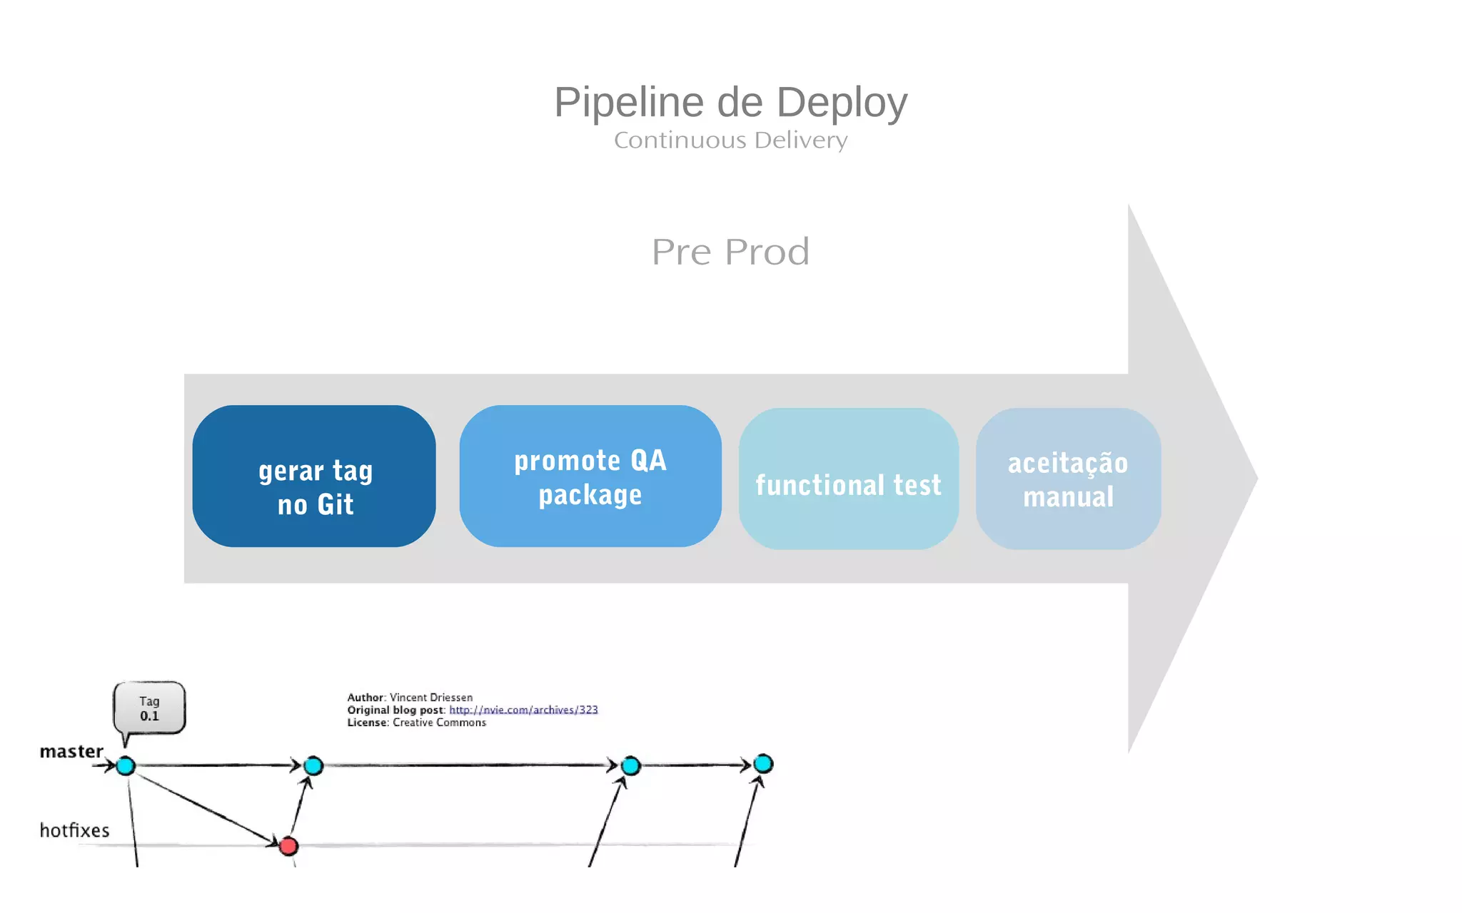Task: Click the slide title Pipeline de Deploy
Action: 730,102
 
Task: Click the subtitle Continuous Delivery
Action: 730,141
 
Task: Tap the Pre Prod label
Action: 730,252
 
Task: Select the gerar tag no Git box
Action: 314,476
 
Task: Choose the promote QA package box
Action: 590,476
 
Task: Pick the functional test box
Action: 848,479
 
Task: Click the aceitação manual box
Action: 1068,479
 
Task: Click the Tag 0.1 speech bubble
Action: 149,708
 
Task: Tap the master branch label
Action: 71,751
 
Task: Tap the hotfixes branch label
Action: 74,830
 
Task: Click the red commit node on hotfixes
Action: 288,846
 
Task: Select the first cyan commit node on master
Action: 126,766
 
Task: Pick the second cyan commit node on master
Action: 313,766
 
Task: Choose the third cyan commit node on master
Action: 630,766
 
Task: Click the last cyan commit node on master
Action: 763,764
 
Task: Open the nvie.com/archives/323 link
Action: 523,710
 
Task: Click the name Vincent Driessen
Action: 431,698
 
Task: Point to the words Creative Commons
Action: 439,723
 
